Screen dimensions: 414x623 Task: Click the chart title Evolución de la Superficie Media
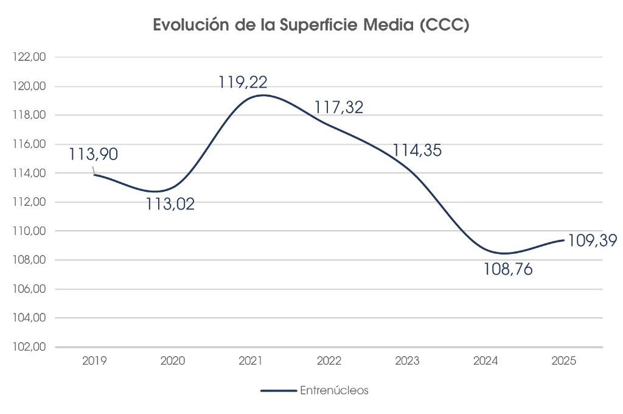pos(311,26)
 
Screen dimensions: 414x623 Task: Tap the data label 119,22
pos(243,82)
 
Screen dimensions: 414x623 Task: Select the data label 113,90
pos(93,154)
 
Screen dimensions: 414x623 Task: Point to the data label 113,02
pos(170,204)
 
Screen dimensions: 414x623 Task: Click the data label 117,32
pos(339,108)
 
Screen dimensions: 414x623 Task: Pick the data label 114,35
pos(417,150)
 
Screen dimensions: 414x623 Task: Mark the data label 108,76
pos(508,269)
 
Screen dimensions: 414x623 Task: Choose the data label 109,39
pos(593,240)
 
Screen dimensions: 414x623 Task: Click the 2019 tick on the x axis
pos(94,360)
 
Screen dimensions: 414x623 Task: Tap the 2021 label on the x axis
pos(251,360)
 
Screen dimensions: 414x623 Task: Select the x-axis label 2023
pos(407,360)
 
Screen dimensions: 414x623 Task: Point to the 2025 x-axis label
pos(563,360)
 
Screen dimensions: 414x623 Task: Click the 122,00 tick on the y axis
pos(33,57)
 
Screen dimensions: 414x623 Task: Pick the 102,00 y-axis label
pos(33,347)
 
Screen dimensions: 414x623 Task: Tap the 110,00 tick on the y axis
pos(33,231)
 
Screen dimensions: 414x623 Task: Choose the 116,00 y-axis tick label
pos(33,144)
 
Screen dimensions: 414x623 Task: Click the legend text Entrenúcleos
pos(334,391)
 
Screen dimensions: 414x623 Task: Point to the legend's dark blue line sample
pos(278,391)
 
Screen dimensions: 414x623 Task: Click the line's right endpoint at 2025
pos(563,240)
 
